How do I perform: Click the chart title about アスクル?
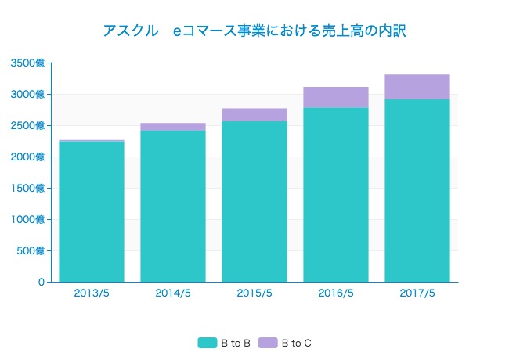pyautogui.click(x=254, y=31)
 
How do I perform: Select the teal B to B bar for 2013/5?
pyautogui.click(x=92, y=211)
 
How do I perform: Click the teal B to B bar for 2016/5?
pyautogui.click(x=336, y=195)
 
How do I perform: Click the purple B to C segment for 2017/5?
pyautogui.click(x=417, y=87)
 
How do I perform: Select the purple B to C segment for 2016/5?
pyautogui.click(x=336, y=97)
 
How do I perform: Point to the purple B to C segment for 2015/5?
pyautogui.click(x=254, y=114)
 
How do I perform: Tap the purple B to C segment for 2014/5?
pyautogui.click(x=173, y=127)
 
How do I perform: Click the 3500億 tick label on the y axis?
pyautogui.click(x=27, y=63)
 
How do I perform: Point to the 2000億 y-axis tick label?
pyautogui.click(x=27, y=157)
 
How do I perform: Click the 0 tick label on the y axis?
pyautogui.click(x=41, y=283)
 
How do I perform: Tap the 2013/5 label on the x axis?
pyautogui.click(x=92, y=293)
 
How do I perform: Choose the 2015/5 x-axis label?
pyautogui.click(x=254, y=293)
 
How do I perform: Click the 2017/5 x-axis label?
pyautogui.click(x=417, y=293)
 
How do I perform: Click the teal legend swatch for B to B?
pyautogui.click(x=207, y=343)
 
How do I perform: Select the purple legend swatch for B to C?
pyautogui.click(x=267, y=343)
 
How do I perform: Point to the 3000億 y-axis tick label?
pyautogui.click(x=27, y=95)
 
